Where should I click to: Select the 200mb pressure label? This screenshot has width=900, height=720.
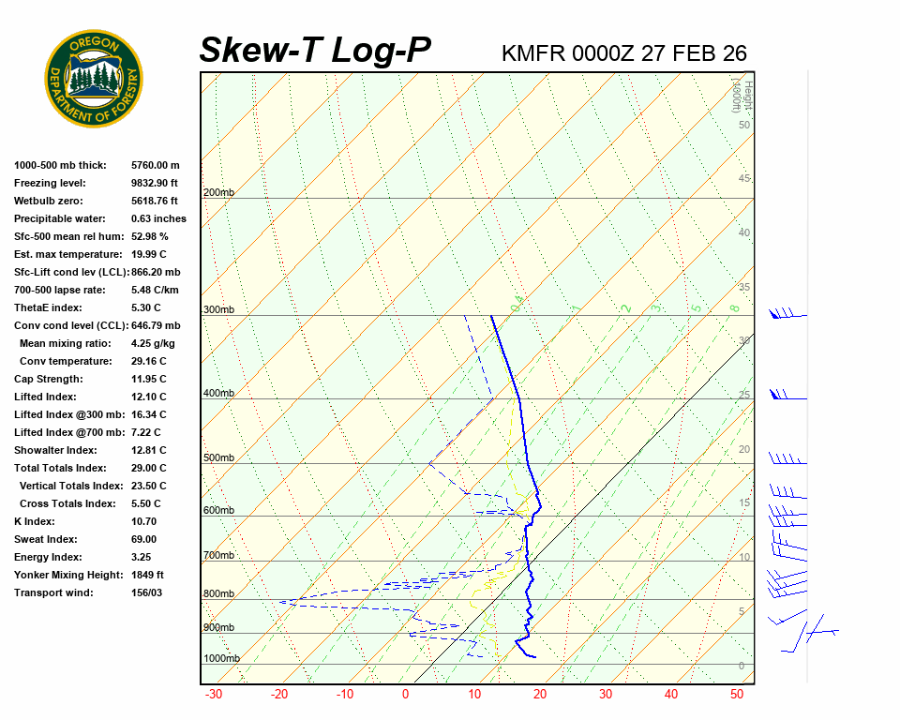point(218,193)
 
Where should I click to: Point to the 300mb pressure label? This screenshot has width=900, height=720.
point(218,310)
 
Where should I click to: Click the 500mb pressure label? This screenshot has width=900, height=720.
point(218,458)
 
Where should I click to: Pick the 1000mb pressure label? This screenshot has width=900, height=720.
point(221,659)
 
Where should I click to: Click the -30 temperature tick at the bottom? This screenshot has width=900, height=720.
point(213,695)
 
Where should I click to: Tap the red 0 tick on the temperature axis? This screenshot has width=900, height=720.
point(406,695)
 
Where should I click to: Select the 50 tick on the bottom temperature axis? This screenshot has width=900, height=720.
point(737,695)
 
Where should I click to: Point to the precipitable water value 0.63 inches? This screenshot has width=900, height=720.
point(158,218)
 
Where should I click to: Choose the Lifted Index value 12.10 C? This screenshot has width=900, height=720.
point(148,397)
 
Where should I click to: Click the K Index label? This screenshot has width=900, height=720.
point(34,521)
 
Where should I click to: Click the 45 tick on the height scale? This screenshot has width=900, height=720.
point(744,179)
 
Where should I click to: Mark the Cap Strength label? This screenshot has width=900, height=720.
point(48,379)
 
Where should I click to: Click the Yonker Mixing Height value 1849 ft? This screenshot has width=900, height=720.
point(147,575)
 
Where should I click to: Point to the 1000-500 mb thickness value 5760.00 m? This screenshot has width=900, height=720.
point(156,165)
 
